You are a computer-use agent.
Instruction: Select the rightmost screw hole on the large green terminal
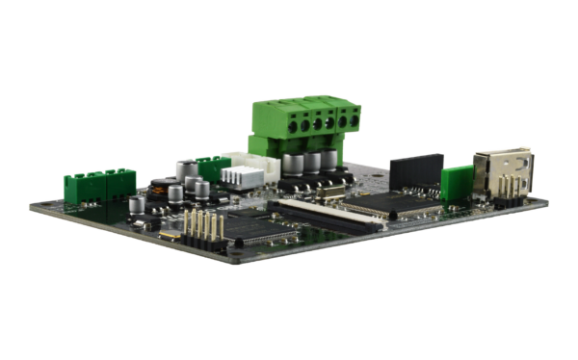[355, 118]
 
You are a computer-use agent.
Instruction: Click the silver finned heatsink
[244, 175]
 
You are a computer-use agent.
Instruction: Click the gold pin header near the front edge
[203, 228]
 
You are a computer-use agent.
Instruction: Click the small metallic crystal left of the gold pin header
[171, 235]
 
